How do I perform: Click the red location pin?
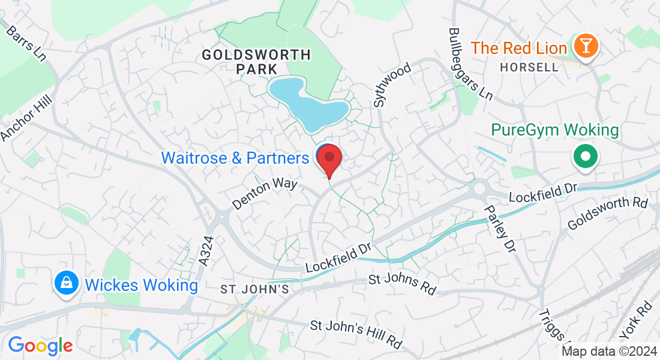329,158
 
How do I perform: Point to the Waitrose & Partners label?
235,158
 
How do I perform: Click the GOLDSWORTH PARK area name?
256,62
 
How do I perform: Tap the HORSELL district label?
529,67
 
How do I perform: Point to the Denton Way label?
265,193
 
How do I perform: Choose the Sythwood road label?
392,85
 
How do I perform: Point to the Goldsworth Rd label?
608,213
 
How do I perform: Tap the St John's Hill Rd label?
356,334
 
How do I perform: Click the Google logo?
40,346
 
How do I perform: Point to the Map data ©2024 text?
608,352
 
